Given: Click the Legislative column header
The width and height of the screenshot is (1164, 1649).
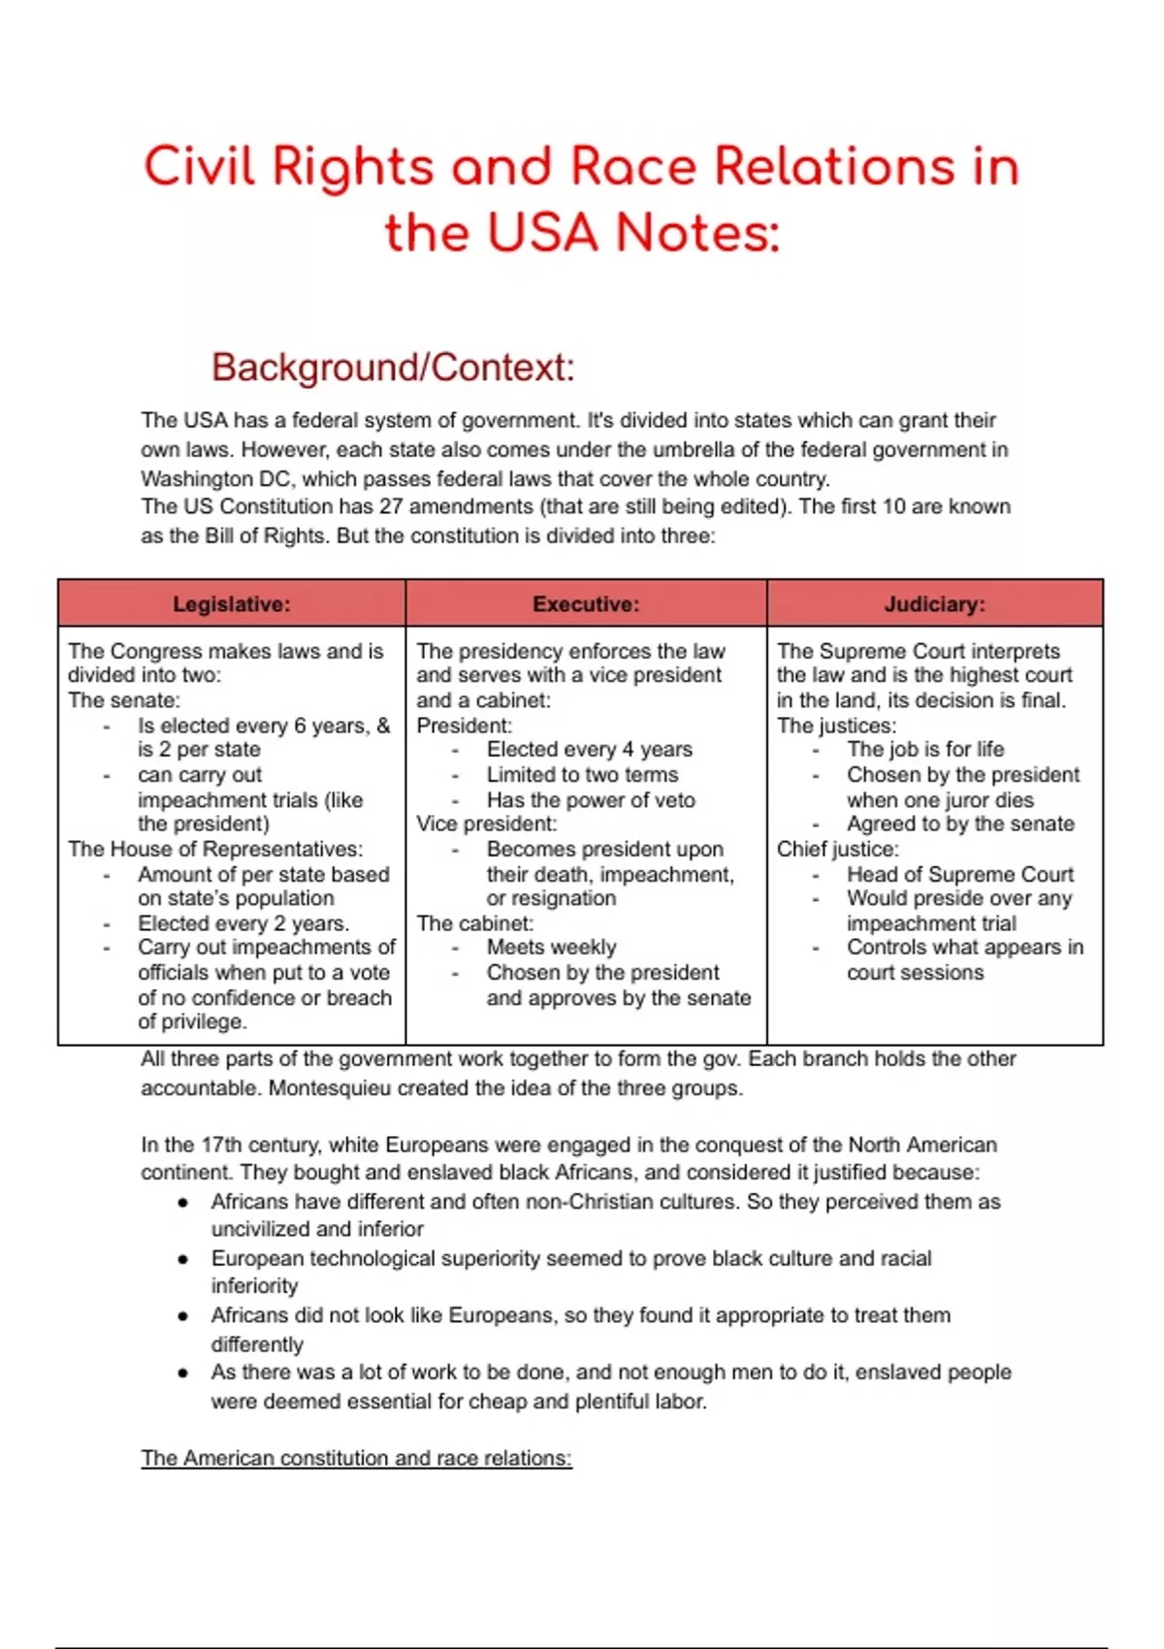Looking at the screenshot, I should (x=231, y=604).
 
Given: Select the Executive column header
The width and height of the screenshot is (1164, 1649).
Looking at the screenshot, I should (x=586, y=604).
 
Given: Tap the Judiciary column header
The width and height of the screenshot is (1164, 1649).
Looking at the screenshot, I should (x=934, y=604).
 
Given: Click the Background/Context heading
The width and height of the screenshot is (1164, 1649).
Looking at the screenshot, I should (x=393, y=368).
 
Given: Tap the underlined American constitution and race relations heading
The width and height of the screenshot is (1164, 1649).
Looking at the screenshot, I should (x=356, y=1458).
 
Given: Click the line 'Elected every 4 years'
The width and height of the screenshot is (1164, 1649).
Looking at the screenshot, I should (x=589, y=749).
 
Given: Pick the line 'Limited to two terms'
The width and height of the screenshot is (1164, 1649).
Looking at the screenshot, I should (x=582, y=774).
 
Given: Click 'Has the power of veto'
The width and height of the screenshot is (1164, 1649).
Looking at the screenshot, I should (x=591, y=800).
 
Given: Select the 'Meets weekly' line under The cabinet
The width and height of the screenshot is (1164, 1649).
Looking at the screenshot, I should (x=551, y=947).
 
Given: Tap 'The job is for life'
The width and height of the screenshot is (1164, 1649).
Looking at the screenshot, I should (x=924, y=749).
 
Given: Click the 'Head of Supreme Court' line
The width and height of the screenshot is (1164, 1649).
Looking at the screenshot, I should (x=959, y=874).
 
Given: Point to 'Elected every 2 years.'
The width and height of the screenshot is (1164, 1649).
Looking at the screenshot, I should (x=243, y=923).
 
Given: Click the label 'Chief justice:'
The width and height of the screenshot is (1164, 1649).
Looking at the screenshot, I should (x=837, y=849).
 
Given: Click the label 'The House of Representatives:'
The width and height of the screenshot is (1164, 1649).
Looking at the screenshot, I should (x=215, y=849).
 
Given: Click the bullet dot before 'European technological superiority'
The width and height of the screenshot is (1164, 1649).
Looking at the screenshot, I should (x=183, y=1259).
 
